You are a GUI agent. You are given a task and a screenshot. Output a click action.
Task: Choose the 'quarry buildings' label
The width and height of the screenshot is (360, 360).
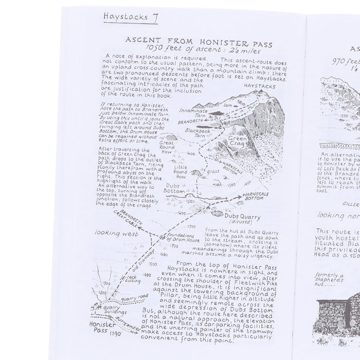[x=115, y=310]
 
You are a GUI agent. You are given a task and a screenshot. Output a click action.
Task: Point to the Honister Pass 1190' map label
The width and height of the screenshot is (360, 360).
[x=107, y=329]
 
